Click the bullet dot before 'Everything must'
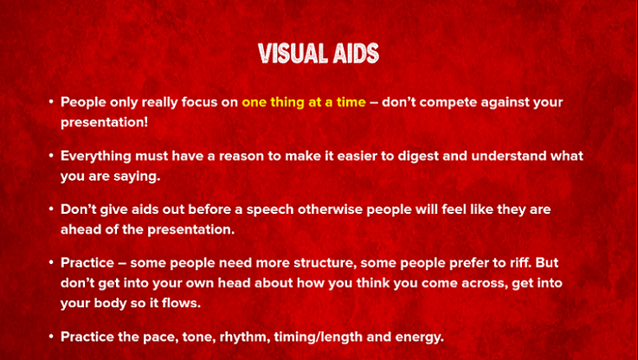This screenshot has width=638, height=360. pos(51,156)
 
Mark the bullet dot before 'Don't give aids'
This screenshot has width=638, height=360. pos(51,209)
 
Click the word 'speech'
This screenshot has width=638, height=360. pos(270,210)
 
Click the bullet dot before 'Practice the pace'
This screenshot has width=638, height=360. pos(51,337)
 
